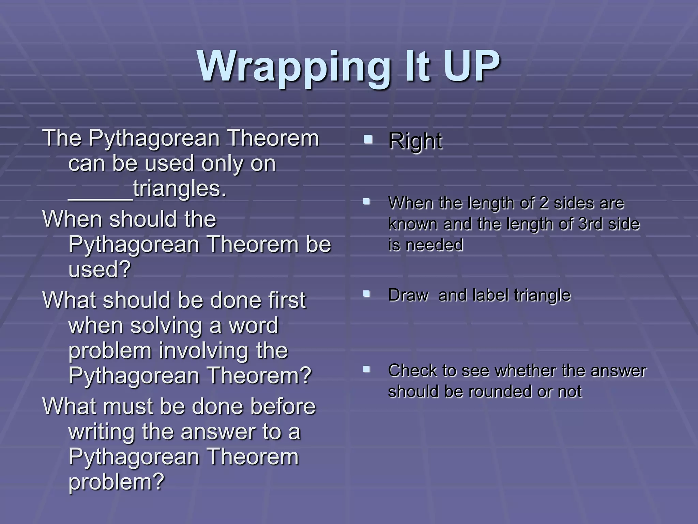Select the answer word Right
[x=415, y=141]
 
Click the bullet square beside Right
[x=367, y=139]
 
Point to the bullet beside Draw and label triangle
[x=367, y=293]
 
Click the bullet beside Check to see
[x=367, y=369]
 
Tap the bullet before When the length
[x=367, y=201]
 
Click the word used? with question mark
[x=100, y=270]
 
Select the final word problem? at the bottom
[x=117, y=482]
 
